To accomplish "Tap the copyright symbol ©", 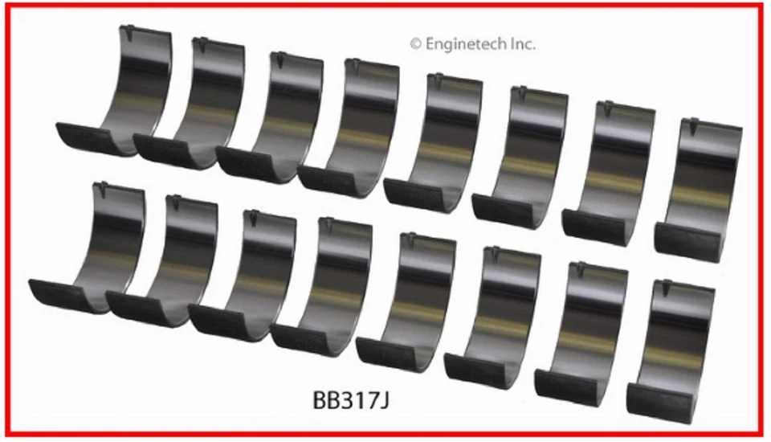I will [415, 44].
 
